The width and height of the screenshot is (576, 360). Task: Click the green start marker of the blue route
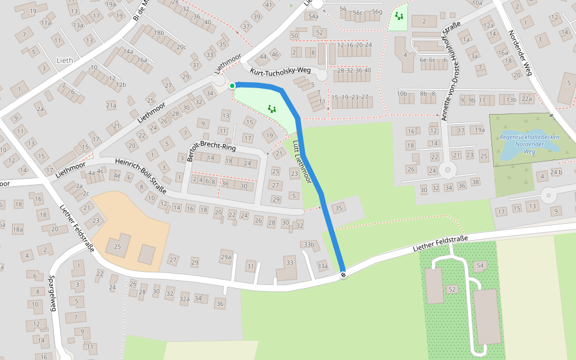click(x=232, y=86)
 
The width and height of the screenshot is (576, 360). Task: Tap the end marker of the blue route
click(x=343, y=275)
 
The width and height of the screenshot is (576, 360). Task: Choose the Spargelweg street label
click(x=53, y=293)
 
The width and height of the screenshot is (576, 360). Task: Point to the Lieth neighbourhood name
click(x=64, y=61)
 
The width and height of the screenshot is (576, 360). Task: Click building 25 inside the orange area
click(x=118, y=246)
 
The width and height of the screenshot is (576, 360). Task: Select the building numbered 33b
click(x=308, y=244)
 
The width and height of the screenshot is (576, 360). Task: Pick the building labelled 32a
click(x=184, y=298)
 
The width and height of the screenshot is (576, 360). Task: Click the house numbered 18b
click(x=159, y=33)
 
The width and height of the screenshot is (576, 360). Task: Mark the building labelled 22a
click(x=527, y=99)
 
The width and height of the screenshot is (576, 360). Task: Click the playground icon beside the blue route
click(x=272, y=109)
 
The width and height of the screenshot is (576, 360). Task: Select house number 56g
click(x=377, y=11)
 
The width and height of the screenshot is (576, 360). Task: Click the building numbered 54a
click(x=313, y=16)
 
